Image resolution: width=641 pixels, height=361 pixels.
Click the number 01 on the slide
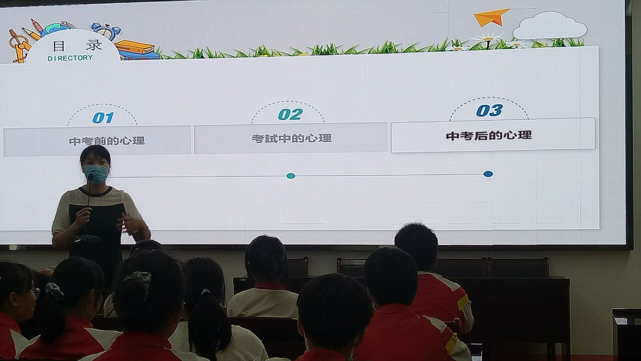[x=103, y=118]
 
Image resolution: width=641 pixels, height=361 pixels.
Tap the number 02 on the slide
[x=290, y=114]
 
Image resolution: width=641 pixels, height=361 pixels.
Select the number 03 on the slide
[x=489, y=110]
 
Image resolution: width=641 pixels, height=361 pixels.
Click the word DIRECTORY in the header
[x=70, y=58]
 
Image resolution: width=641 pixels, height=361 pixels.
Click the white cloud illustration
[x=549, y=26]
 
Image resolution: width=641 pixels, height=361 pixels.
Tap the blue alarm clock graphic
[x=107, y=31]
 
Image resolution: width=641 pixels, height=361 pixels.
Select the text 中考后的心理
[x=489, y=135]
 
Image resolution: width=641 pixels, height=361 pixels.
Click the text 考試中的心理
[x=291, y=138]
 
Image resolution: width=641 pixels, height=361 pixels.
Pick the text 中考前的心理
[x=107, y=141]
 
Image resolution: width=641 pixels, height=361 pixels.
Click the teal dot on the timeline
[x=291, y=176]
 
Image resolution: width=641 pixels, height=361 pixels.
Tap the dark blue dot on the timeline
[x=488, y=174]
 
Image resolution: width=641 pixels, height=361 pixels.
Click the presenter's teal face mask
[x=96, y=173]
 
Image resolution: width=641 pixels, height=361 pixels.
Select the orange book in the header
[x=135, y=47]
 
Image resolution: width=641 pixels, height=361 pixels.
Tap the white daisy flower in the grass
[x=488, y=38]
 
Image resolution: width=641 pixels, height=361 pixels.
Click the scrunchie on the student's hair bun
[x=139, y=279]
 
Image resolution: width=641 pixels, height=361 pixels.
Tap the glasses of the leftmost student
[x=35, y=293]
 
